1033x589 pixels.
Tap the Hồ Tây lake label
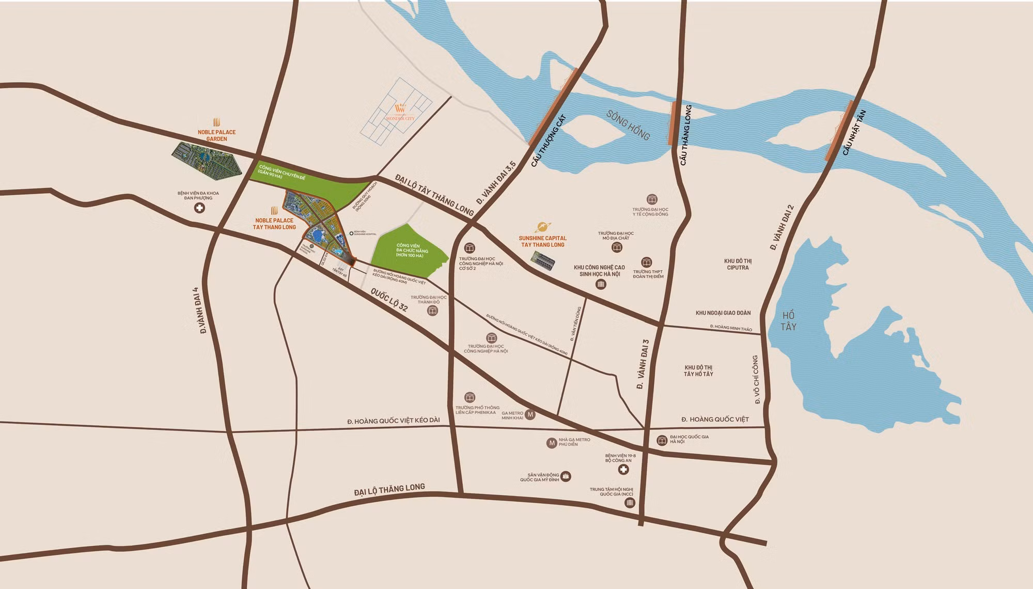789,321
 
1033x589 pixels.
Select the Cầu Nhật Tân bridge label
853,133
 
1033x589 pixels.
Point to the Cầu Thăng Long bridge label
685,136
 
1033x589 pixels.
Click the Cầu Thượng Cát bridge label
549,141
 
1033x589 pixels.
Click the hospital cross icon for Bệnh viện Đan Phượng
198,208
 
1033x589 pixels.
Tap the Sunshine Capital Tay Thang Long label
542,241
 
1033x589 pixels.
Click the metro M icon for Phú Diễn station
552,442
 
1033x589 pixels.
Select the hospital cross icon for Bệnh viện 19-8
624,470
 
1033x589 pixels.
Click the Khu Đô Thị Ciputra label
737,265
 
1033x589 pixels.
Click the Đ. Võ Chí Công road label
756,379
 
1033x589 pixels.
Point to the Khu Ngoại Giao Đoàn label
723,313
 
